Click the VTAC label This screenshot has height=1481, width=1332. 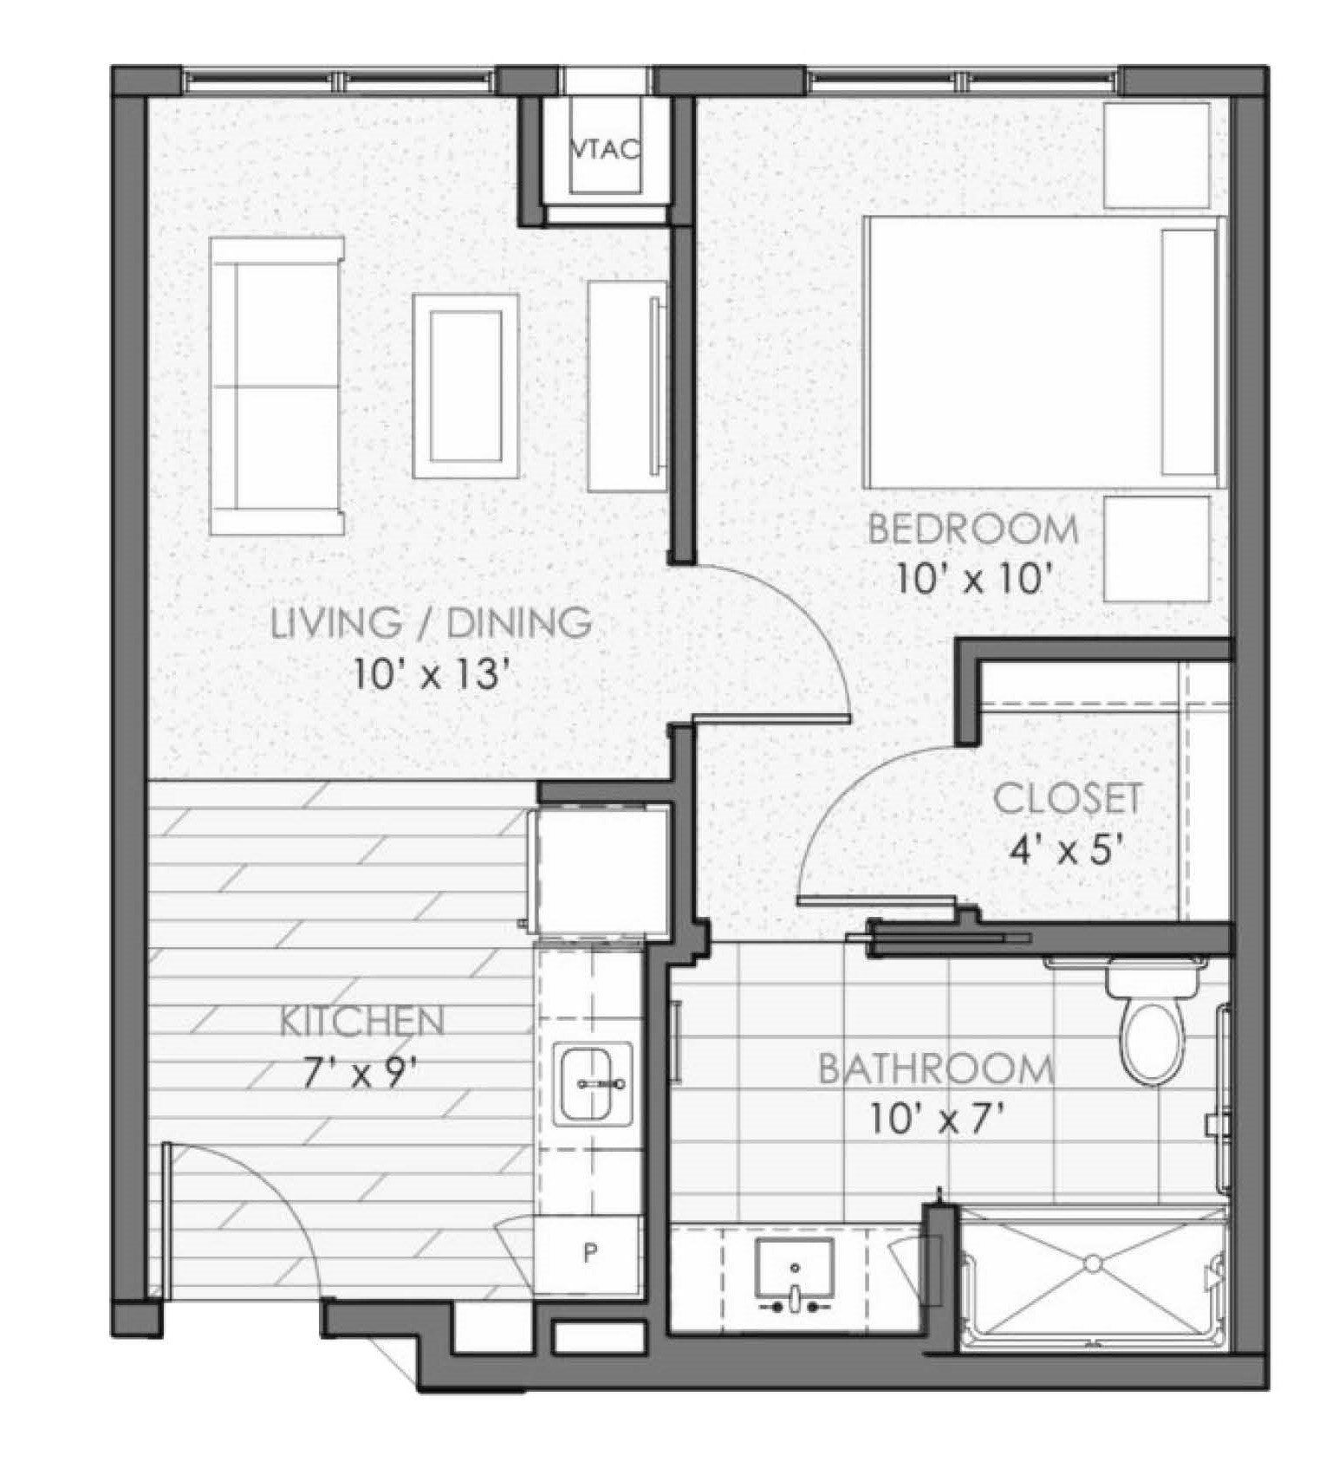[x=606, y=150]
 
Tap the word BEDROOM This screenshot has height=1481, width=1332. [x=973, y=529]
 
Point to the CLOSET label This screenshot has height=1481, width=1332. [x=1067, y=799]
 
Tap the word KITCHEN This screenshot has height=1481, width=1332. [x=362, y=1022]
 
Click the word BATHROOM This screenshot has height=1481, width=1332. [x=937, y=1069]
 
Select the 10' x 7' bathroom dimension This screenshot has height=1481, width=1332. [x=939, y=1121]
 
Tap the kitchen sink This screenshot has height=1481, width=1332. [x=593, y=1084]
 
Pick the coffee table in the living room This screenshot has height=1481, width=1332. [x=466, y=386]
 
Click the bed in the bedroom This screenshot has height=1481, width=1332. [x=1044, y=351]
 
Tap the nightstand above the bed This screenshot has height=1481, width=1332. [x=1157, y=155]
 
